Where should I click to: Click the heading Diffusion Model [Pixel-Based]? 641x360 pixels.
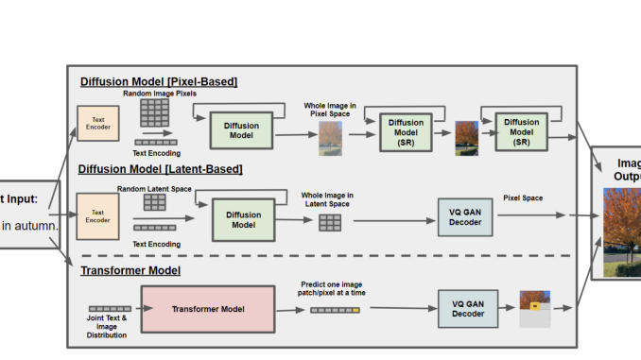click(158, 82)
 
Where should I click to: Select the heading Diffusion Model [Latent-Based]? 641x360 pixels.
click(161, 169)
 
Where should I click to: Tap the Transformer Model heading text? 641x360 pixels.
click(130, 271)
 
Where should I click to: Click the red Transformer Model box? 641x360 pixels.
click(206, 309)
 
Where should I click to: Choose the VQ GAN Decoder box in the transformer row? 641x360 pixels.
click(467, 309)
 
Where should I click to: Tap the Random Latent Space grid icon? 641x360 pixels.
click(154, 202)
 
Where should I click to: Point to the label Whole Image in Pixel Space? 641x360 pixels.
click(330, 110)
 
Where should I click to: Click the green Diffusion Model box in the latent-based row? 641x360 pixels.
click(243, 219)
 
